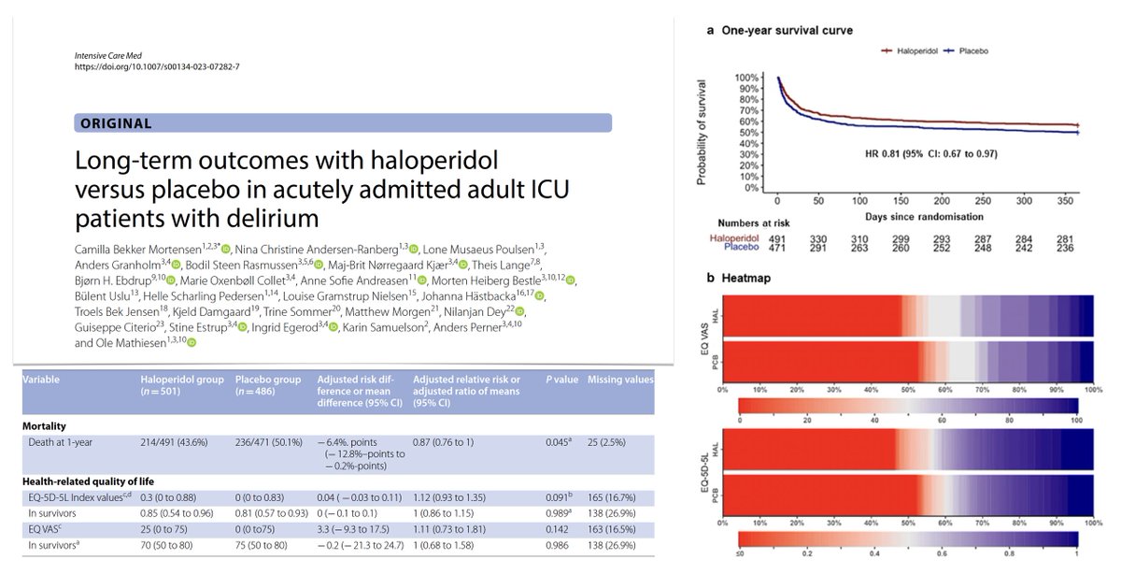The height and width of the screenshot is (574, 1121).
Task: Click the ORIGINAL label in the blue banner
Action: coord(116,123)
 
